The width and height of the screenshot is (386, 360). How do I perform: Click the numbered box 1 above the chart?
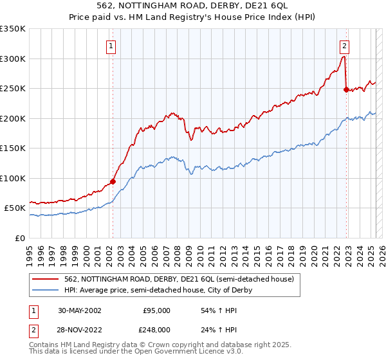pyautogui.click(x=112, y=46)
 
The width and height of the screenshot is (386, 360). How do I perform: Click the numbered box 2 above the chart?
pyautogui.click(x=345, y=46)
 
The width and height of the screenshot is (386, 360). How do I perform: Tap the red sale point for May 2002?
pyautogui.click(x=113, y=181)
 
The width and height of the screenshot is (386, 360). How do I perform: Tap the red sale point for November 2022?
pyautogui.click(x=346, y=90)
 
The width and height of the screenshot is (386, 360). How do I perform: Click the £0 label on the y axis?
pyautogui.click(x=20, y=238)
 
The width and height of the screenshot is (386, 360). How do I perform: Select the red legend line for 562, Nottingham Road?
pyautogui.click(x=46, y=279)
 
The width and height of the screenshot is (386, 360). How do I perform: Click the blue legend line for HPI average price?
pyautogui.click(x=46, y=290)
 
